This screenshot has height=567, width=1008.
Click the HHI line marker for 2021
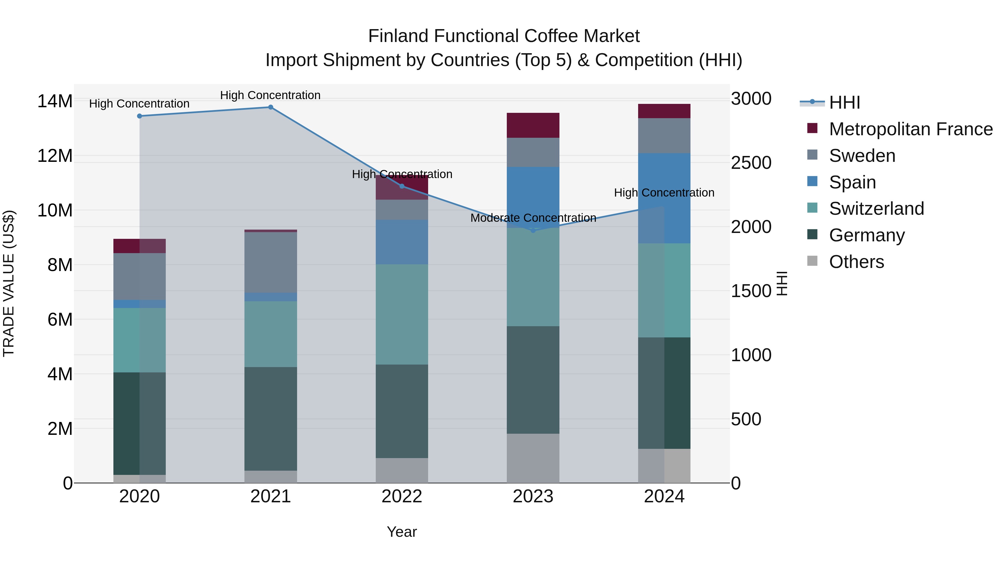(x=270, y=107)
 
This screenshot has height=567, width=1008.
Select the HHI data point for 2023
(x=533, y=230)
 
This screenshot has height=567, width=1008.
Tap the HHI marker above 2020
(x=139, y=116)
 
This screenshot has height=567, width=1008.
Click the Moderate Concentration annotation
(x=533, y=218)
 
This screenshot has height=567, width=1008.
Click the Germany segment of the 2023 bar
(x=533, y=380)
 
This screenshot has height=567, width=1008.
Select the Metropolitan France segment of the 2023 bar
(x=533, y=125)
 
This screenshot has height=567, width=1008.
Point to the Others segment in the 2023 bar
(x=533, y=458)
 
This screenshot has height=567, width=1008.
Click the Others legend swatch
(x=812, y=261)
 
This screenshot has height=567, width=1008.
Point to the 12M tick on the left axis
(x=55, y=156)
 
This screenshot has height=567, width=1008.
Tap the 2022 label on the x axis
(x=402, y=496)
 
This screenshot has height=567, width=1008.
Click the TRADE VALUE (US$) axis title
(x=9, y=283)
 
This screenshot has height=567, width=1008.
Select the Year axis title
(x=402, y=532)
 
